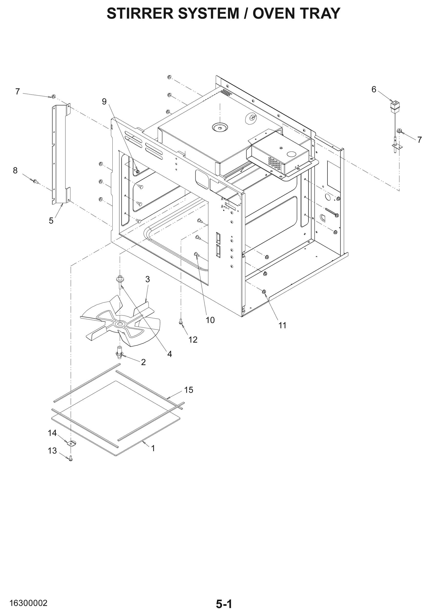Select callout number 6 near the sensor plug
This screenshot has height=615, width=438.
[374, 89]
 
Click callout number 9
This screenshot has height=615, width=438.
[104, 101]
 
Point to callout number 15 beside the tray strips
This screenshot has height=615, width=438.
[188, 390]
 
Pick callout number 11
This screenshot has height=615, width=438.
[282, 325]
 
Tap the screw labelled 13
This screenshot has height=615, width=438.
[71, 458]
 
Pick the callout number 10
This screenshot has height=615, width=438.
[210, 320]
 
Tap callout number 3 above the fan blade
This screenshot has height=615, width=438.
[147, 280]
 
